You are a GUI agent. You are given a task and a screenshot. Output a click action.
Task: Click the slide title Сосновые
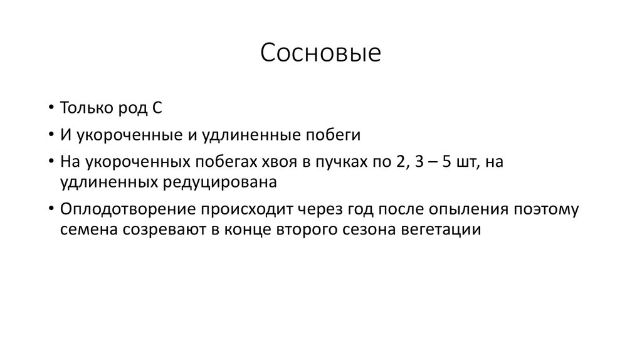320,53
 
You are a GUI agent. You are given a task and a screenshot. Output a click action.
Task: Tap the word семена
85,230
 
